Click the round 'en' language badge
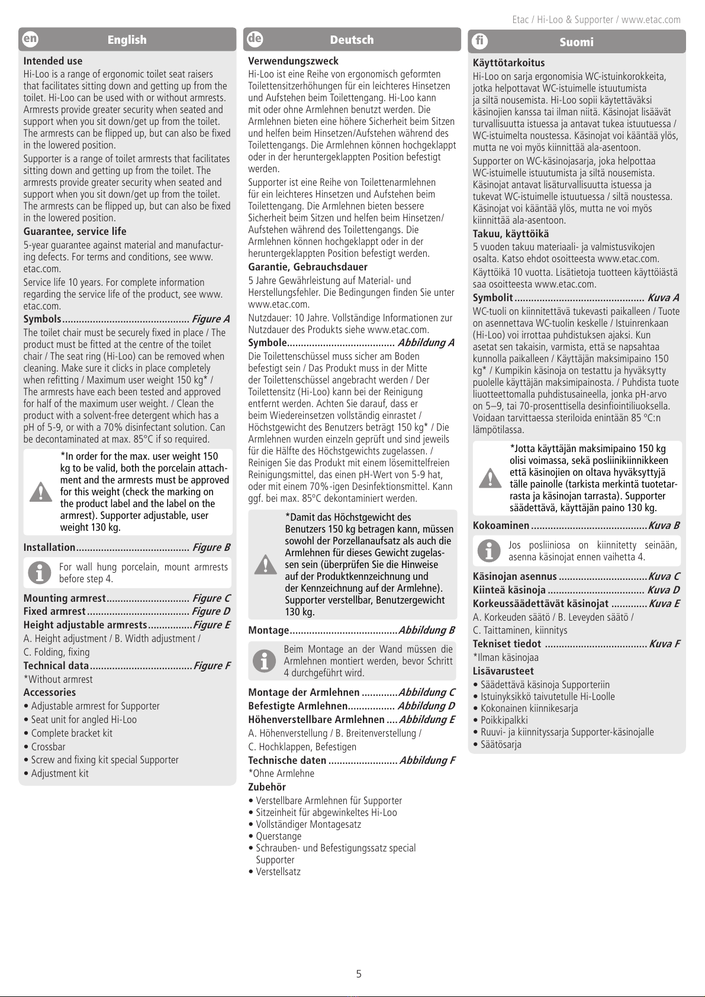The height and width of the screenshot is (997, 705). coord(30,39)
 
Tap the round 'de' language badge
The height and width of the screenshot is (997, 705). coord(255,39)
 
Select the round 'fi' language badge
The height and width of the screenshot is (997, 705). coord(479,41)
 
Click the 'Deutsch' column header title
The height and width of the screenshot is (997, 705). coord(352,40)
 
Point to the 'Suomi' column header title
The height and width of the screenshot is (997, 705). coord(576,42)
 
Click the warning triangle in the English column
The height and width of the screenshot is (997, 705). coord(41,492)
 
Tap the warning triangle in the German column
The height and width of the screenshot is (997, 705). coord(266,564)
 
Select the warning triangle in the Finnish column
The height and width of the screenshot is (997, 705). coord(490,477)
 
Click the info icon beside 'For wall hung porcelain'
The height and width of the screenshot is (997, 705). coord(40,573)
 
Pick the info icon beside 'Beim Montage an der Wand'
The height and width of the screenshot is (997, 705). coord(265,660)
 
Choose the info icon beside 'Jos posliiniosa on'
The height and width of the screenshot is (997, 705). coord(489,551)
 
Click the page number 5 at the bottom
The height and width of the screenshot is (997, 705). coord(359,973)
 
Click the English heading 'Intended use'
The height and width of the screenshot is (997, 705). coord(53,61)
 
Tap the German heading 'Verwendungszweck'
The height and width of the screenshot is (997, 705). coord(293,61)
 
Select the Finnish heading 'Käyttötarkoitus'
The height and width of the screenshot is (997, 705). coord(508,63)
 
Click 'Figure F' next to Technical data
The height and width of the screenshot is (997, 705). coord(211,666)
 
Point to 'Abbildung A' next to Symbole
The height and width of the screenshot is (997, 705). coord(426,343)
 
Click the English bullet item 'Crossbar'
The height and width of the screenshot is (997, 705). coord(50,747)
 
